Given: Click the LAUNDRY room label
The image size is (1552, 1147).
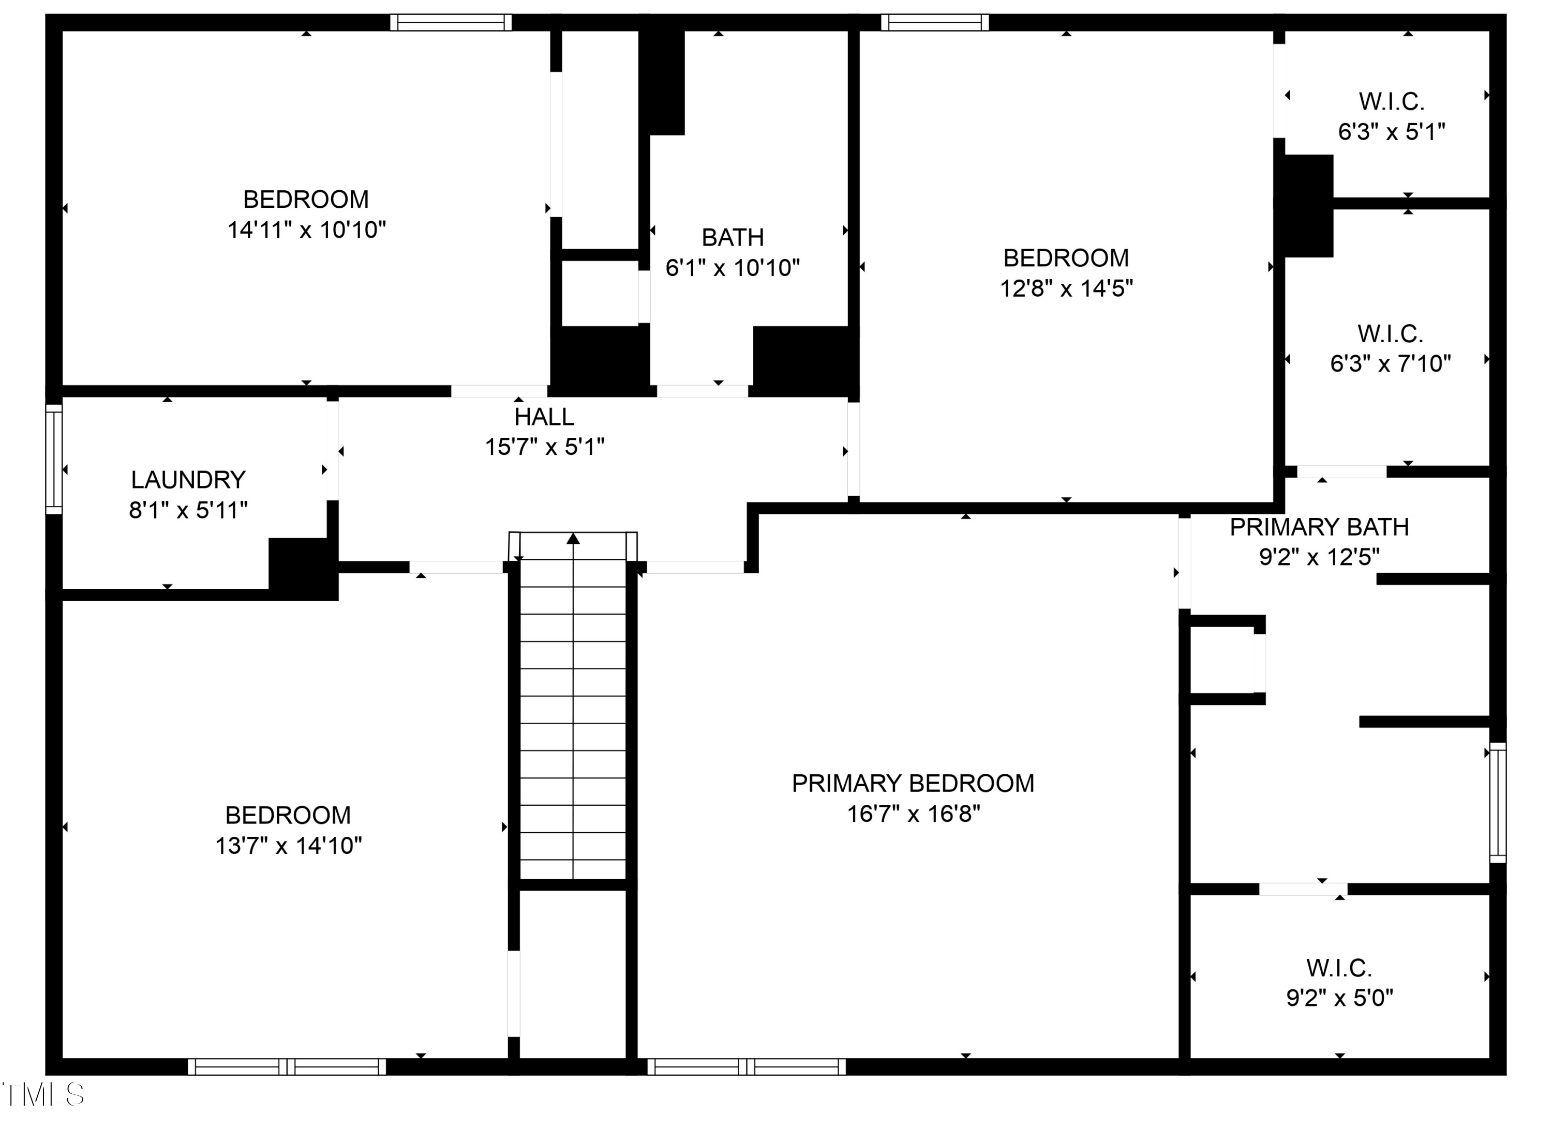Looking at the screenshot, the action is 188,480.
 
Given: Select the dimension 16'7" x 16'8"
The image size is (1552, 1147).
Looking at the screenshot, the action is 913,813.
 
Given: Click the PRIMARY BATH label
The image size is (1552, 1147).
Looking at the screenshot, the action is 1319,527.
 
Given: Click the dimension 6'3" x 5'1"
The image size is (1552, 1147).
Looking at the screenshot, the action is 1392,131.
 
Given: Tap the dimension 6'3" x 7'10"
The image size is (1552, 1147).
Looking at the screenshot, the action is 1390,363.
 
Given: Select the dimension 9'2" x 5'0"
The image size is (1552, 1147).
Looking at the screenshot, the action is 1339,998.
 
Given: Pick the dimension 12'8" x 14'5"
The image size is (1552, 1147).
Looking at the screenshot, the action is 1066,287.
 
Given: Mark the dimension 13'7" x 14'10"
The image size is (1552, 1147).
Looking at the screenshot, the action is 288,845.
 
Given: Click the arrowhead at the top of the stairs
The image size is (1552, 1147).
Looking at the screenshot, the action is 573,538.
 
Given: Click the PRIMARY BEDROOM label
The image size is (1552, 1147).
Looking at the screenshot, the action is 913,783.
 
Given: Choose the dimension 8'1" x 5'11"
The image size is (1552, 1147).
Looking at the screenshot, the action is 188,510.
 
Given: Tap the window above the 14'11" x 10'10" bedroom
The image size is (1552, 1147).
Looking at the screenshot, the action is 451,22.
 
